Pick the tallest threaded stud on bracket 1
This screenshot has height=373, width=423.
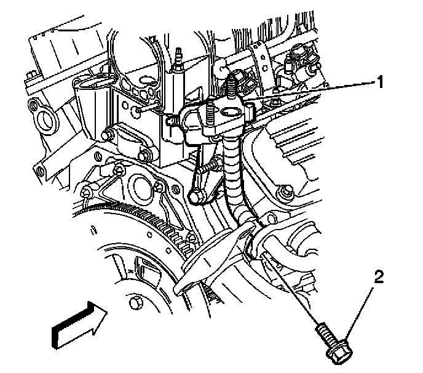pyautogui.click(x=234, y=83)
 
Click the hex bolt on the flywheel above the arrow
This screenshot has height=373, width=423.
pyautogui.click(x=137, y=303)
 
